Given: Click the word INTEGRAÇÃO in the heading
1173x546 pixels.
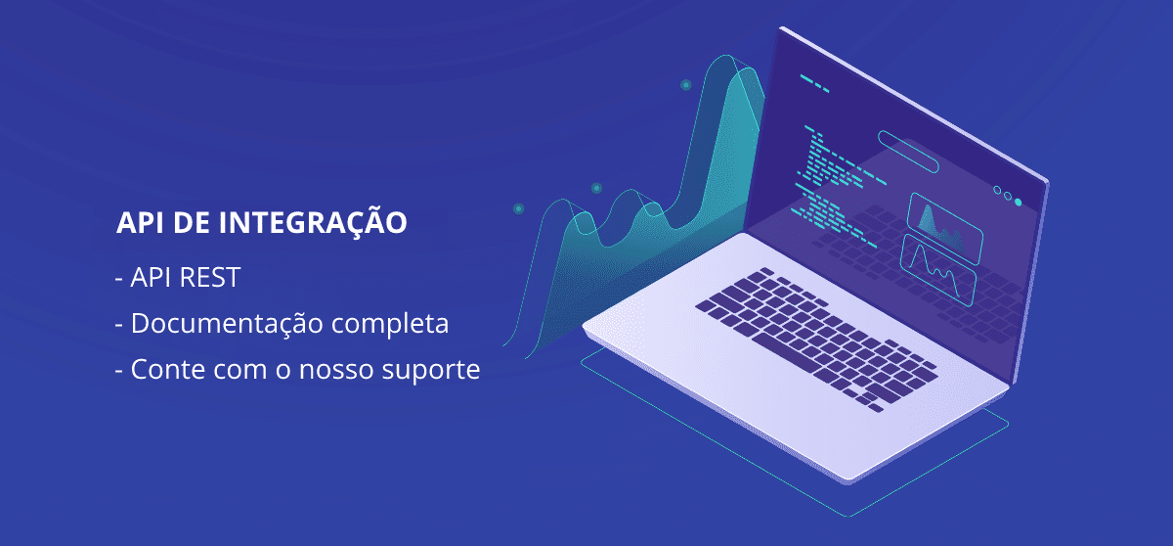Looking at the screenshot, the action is point(313,222).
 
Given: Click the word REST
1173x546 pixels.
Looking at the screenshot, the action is point(209,277).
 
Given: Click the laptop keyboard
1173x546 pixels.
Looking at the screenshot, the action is point(816,340).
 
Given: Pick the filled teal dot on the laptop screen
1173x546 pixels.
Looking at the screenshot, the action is point(1018,203).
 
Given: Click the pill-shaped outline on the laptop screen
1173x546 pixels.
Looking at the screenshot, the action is point(908,152).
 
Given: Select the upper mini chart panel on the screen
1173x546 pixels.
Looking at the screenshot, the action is point(944,228).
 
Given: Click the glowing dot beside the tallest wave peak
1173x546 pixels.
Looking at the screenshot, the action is point(686,85).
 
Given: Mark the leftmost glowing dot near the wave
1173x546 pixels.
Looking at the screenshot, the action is point(518,209).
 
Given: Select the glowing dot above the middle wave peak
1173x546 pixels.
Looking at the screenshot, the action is point(596,188).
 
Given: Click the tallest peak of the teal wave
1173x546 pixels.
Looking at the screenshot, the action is point(725,56).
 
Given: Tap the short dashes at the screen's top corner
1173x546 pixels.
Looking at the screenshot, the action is point(814,84).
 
